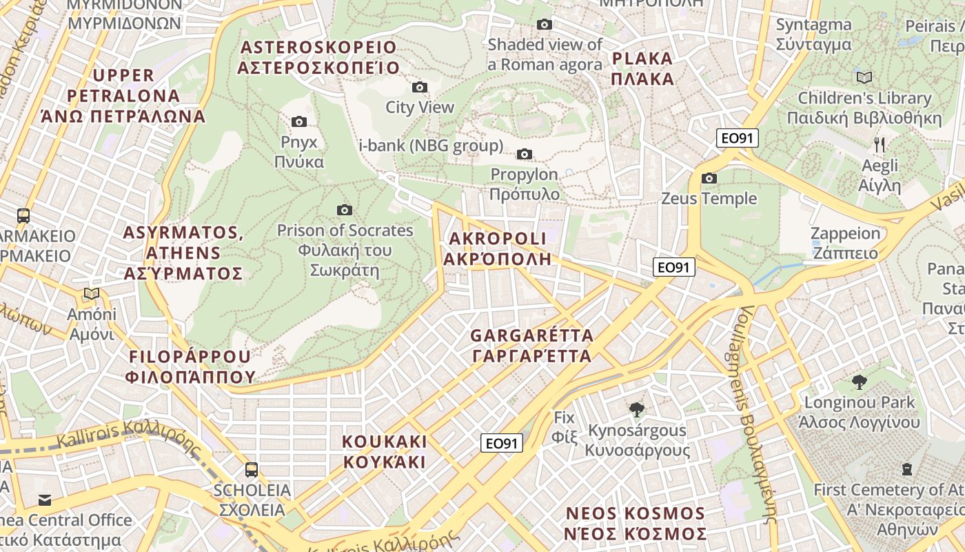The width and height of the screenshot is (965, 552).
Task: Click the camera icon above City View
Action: coord(419,87)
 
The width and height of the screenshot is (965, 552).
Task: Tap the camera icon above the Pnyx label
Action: coord(298,122)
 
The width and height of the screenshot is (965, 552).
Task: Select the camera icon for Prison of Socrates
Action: coord(345,210)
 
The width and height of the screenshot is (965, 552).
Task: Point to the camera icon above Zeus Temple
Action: coord(709,179)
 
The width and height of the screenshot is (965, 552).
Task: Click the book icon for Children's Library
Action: coord(864,77)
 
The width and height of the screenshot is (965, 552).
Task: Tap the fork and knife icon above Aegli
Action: coord(879,144)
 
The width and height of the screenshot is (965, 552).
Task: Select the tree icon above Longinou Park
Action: coord(859,382)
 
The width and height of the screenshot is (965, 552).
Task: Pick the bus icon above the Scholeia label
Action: coord(252,470)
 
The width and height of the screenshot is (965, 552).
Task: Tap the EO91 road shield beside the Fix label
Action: coord(502,443)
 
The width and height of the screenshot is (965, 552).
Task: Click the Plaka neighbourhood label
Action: coord(642,68)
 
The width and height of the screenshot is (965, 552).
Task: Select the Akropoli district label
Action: coord(497,249)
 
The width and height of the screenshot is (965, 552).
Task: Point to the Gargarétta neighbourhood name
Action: coord(531,346)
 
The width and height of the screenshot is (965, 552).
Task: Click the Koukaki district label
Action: coord(385,452)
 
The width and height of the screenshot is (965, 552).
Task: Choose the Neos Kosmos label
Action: coord(636,524)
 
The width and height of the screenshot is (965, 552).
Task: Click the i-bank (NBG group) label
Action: coord(431,146)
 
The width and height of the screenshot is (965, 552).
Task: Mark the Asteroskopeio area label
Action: coord(318,57)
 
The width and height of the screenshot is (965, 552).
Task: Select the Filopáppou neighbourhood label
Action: coord(190,366)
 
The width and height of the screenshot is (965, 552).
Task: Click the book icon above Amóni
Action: coord(92,293)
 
